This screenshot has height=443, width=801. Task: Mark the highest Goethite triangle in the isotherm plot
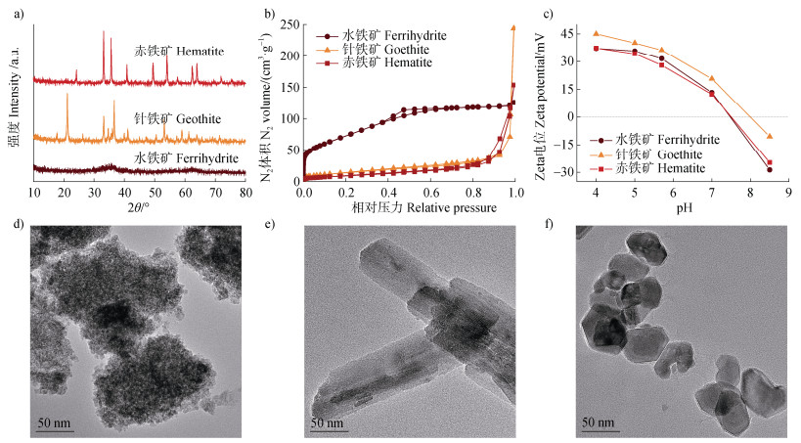tap(513, 27)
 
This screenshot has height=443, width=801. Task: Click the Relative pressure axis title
tap(409, 209)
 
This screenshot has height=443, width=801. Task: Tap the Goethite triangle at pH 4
tap(597, 33)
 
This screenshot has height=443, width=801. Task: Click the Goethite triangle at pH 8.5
tap(770, 136)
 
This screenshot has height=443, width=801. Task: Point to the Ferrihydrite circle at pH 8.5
tap(770, 169)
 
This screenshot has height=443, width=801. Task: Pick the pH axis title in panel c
tap(684, 208)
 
